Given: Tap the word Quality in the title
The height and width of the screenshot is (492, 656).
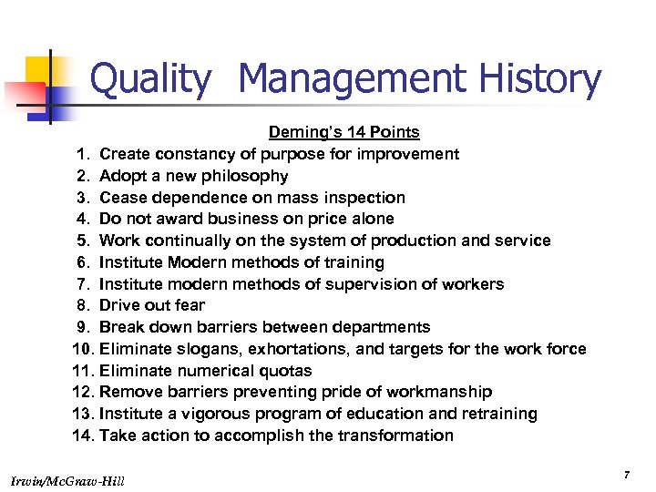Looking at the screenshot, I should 150,79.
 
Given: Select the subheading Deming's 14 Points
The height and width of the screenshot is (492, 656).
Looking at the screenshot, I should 343,133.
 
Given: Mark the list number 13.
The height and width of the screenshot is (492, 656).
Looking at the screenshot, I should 82,414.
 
